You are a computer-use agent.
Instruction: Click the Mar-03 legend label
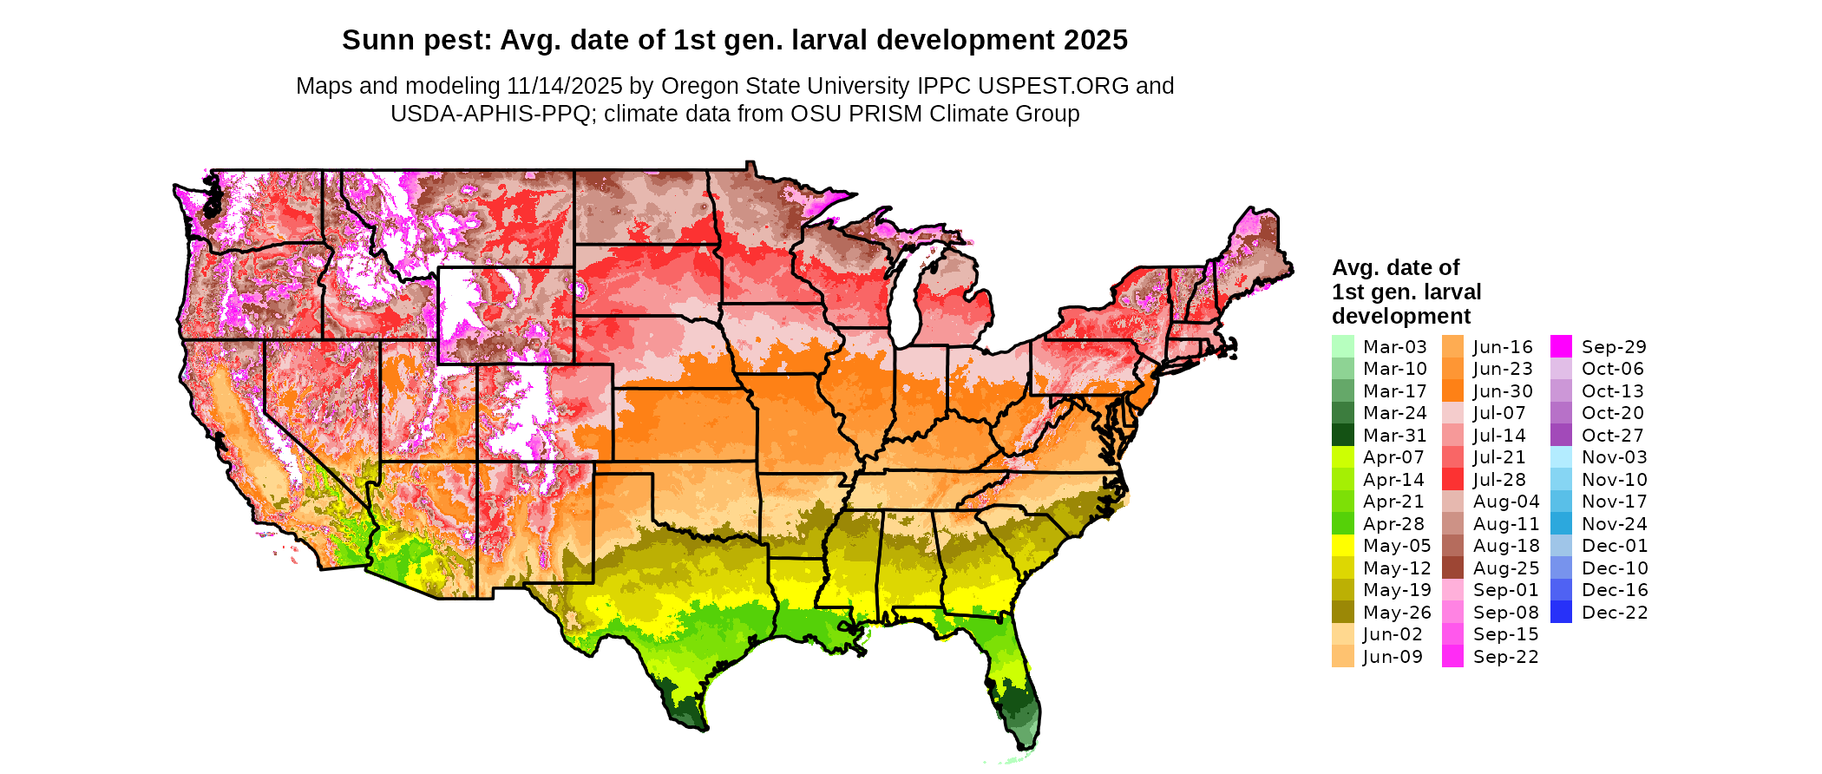pos(1394,347)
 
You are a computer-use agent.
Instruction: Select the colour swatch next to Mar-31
pos(1342,436)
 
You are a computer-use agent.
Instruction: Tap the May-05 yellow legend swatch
pos(1342,546)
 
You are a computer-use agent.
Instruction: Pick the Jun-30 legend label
pos(1503,391)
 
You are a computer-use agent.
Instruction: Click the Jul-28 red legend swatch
pos(1452,480)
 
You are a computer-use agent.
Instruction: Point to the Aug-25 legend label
pos(1505,568)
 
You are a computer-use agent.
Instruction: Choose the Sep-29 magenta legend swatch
pos(1561,347)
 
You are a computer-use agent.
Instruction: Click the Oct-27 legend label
pos(1612,436)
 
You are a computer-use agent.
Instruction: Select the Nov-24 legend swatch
pos(1561,524)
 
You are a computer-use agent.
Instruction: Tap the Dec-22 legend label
pos(1614,613)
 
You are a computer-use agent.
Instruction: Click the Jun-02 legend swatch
pos(1342,634)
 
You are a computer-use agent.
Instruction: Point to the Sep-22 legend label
pos(1505,657)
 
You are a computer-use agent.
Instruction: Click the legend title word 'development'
pos(1401,316)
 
